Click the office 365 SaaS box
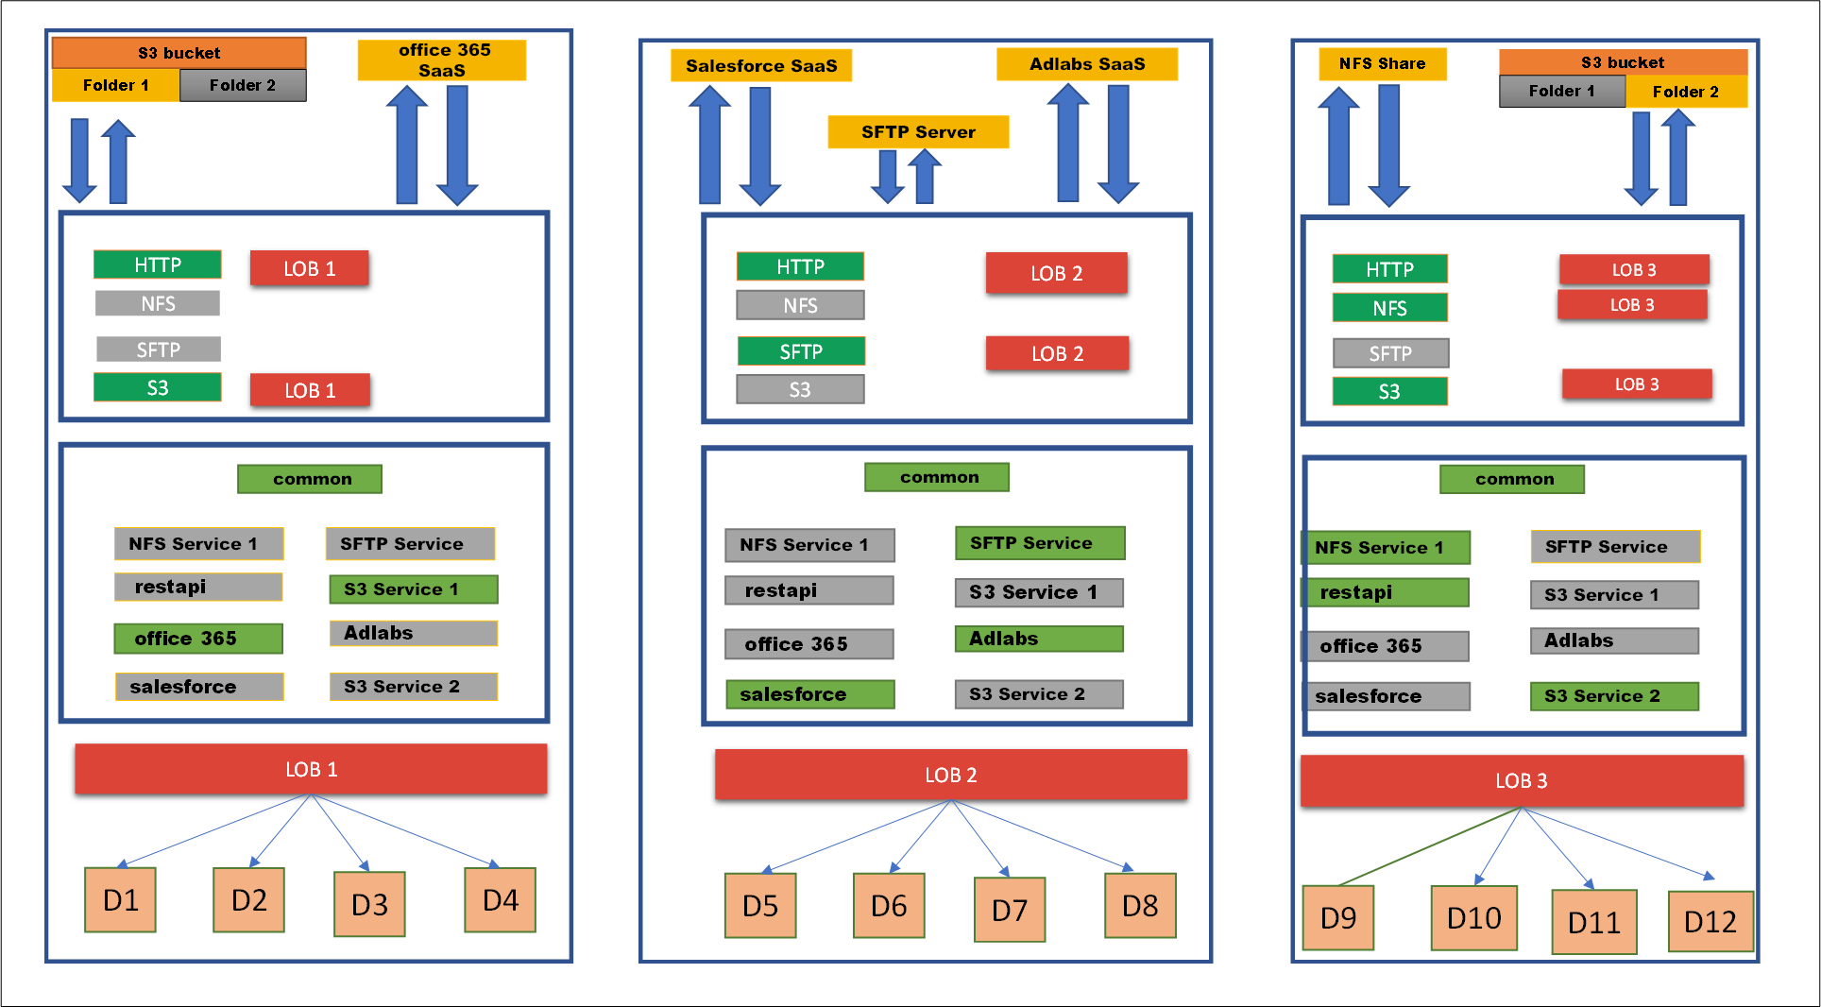pyautogui.click(x=441, y=60)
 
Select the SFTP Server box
pyautogui.click(x=918, y=132)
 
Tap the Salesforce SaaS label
pyautogui.click(x=761, y=66)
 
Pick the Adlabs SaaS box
pyautogui.click(x=1086, y=64)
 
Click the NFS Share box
pyautogui.click(x=1382, y=64)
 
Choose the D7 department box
pyautogui.click(x=1009, y=910)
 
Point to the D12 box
pyautogui.click(x=1710, y=921)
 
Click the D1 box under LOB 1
pyautogui.click(x=120, y=900)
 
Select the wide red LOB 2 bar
pyautogui.click(x=950, y=775)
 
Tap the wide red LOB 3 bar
pyautogui.click(x=1521, y=780)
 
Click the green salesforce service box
pyautogui.click(x=809, y=694)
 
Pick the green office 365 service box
pyautogui.click(x=198, y=639)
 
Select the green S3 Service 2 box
pyautogui.click(x=1613, y=696)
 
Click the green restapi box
pyautogui.click(x=1387, y=592)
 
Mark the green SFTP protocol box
pyautogui.click(x=800, y=351)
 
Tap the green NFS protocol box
pyautogui.click(x=1389, y=308)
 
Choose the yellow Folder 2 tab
pyautogui.click(x=1685, y=92)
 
